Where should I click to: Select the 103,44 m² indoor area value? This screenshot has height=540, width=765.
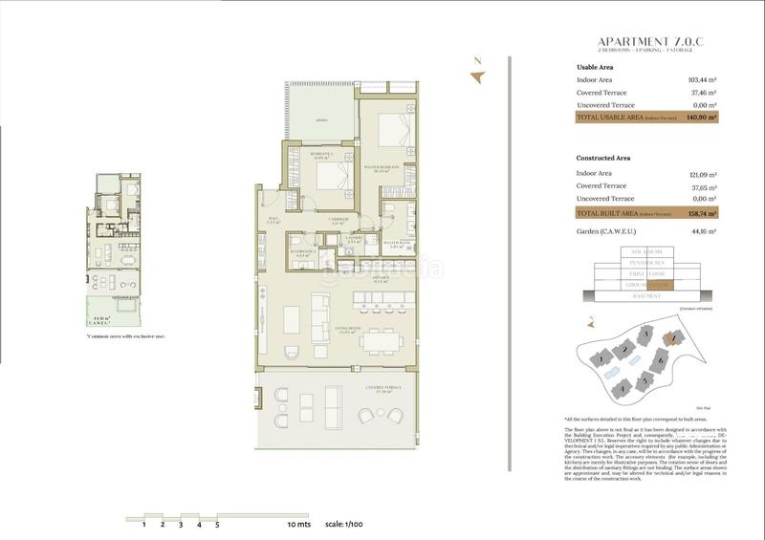coord(704,80)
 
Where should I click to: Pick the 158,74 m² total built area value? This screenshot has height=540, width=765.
coord(703,213)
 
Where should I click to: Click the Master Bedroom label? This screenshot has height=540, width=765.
coord(381,168)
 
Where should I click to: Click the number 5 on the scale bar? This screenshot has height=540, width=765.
coord(217,525)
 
